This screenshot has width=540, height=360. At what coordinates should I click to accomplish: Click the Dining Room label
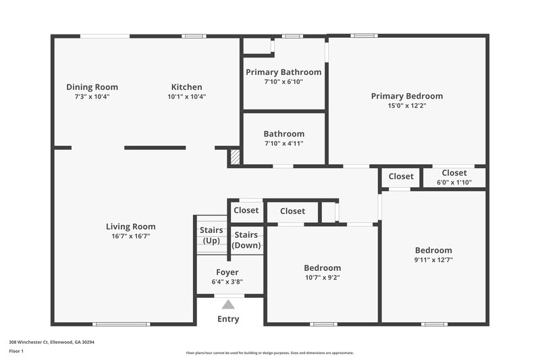pyautogui.click(x=92, y=86)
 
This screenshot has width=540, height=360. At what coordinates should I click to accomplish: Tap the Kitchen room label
pyautogui.click(x=186, y=86)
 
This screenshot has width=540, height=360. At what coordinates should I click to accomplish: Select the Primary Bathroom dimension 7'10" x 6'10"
pyautogui.click(x=283, y=82)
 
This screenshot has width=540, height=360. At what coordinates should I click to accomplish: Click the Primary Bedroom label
pyautogui.click(x=406, y=96)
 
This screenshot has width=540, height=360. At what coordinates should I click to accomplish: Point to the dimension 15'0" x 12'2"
pyautogui.click(x=406, y=105)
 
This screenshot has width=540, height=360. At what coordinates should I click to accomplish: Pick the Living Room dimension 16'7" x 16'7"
pyautogui.click(x=130, y=236)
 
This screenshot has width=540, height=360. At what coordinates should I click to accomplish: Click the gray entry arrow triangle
pyautogui.click(x=229, y=305)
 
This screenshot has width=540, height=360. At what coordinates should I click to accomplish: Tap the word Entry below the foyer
pyautogui.click(x=228, y=319)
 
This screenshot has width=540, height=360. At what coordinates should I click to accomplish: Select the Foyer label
pyautogui.click(x=227, y=272)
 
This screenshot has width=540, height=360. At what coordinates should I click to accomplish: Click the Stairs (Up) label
pyautogui.click(x=211, y=236)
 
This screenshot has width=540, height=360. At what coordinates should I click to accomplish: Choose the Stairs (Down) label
pyautogui.click(x=246, y=240)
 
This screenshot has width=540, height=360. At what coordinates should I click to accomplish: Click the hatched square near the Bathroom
pyautogui.click(x=235, y=157)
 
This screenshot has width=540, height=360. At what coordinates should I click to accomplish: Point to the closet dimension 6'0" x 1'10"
pyautogui.click(x=454, y=182)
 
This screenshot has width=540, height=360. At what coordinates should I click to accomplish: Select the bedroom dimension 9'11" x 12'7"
pyautogui.click(x=433, y=260)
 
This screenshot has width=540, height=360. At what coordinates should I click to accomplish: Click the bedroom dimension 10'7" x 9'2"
pyautogui.click(x=322, y=277)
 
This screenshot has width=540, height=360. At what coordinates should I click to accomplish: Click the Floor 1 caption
pyautogui.click(x=16, y=351)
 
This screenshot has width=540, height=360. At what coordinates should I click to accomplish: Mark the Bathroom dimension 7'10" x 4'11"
pyautogui.click(x=283, y=143)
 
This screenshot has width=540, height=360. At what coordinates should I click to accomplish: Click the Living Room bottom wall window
pyautogui.click(x=122, y=324)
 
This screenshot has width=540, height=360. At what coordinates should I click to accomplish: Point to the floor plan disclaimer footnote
pyautogui.click(x=269, y=353)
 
